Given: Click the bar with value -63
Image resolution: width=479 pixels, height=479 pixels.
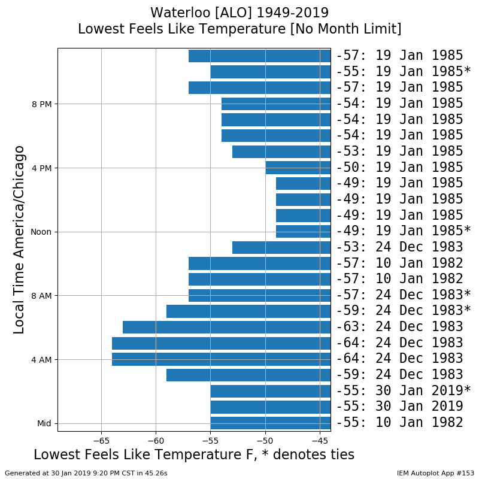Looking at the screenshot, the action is click(x=227, y=327).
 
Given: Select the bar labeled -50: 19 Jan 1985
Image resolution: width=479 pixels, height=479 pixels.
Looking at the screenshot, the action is click(x=298, y=168).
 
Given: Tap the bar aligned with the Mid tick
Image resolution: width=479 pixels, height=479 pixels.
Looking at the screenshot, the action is click(x=271, y=423).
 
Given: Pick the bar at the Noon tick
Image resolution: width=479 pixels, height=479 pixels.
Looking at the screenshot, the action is click(x=304, y=232).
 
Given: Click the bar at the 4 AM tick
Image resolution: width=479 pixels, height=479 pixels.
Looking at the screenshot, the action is click(x=221, y=359).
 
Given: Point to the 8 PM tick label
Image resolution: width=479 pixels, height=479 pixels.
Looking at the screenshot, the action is click(x=41, y=104).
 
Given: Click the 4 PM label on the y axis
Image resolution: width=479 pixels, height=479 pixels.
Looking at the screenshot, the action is click(x=41, y=168).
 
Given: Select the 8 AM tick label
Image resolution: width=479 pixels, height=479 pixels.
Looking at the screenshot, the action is click(x=41, y=296).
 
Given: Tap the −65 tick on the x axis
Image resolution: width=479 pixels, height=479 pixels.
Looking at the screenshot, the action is click(x=101, y=441).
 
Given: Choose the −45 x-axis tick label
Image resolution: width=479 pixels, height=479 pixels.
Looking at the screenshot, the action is click(x=320, y=441).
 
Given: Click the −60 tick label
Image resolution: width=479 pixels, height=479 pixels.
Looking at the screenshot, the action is click(x=156, y=441).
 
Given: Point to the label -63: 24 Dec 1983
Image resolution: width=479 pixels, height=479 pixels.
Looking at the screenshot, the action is click(x=399, y=326).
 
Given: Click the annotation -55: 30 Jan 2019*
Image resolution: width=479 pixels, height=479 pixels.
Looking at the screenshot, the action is click(x=403, y=390).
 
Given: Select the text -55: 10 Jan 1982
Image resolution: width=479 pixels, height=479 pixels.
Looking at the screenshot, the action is click(x=399, y=423).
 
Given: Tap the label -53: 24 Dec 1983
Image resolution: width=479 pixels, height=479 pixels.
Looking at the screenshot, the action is click(x=399, y=247).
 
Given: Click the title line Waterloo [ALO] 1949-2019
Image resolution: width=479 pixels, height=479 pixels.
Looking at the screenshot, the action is click(x=239, y=13).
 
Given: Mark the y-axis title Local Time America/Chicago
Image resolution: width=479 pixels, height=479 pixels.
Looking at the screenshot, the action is click(x=19, y=240).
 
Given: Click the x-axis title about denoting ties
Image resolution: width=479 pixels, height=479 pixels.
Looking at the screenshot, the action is click(x=194, y=454).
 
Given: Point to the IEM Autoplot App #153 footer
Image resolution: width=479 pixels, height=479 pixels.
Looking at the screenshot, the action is click(x=435, y=473).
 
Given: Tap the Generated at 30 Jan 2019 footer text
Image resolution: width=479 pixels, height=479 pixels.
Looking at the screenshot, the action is click(x=86, y=473).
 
